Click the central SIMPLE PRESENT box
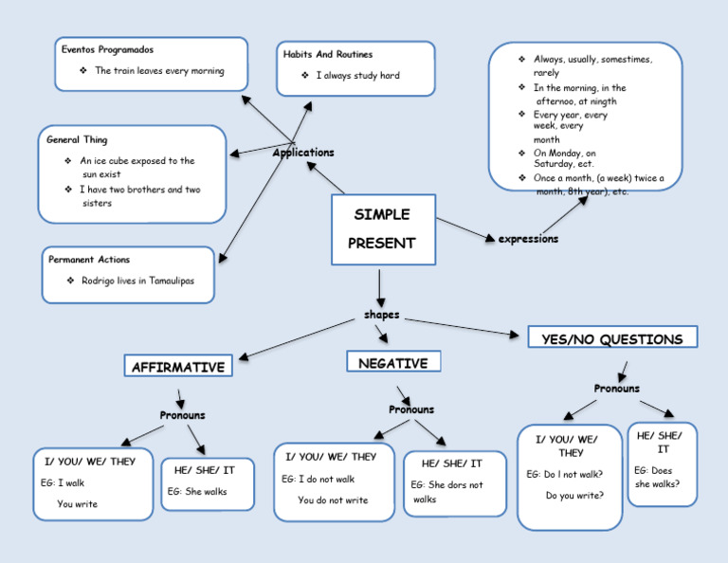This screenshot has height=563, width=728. (383, 229)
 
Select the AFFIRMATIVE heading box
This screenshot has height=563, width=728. (178, 367)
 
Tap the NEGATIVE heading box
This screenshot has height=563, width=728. (393, 363)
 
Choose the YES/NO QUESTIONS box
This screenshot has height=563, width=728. (611, 338)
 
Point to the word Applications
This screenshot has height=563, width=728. (303, 153)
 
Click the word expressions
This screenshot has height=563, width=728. (528, 239)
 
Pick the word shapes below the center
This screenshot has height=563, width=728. (381, 315)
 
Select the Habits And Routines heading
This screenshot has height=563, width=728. (328, 55)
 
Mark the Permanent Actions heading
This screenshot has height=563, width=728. (89, 260)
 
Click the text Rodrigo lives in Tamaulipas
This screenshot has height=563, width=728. (137, 281)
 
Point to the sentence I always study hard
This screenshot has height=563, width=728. (357, 76)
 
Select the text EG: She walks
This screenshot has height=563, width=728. (197, 492)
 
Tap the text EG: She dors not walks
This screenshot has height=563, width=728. (446, 492)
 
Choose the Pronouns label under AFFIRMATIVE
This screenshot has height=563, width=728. (182, 415)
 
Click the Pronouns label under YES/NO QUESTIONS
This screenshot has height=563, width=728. (616, 389)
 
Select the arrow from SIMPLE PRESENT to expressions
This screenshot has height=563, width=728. (464, 228)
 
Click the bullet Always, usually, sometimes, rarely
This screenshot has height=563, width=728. (591, 65)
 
